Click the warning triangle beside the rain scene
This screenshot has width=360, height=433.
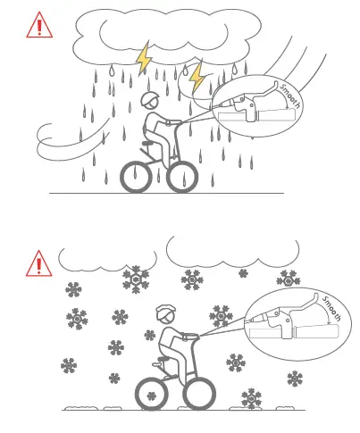tap(39, 25)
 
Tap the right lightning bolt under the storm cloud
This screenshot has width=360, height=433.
tap(197, 75)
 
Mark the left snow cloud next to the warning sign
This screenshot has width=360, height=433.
tap(98, 259)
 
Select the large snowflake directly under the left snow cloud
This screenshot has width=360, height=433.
tap(136, 280)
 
